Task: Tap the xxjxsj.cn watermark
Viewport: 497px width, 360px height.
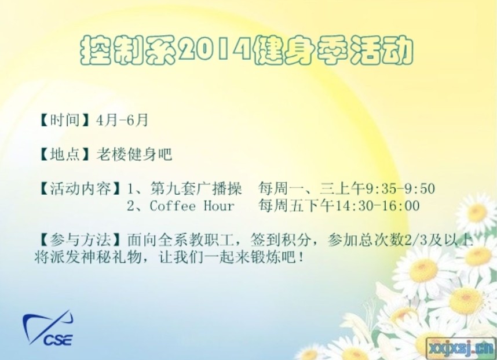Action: tap(461, 348)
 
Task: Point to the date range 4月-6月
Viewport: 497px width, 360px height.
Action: tap(122, 120)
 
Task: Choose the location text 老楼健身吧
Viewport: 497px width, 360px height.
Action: tap(134, 154)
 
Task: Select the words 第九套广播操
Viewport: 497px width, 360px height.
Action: tap(196, 189)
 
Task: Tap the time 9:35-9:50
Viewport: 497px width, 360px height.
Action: tap(401, 189)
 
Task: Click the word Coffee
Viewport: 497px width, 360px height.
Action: tap(173, 206)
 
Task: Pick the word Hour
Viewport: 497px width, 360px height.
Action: tap(219, 206)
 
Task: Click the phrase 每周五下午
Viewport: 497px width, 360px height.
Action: tap(297, 206)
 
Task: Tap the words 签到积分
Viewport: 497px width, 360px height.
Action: tap(280, 240)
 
